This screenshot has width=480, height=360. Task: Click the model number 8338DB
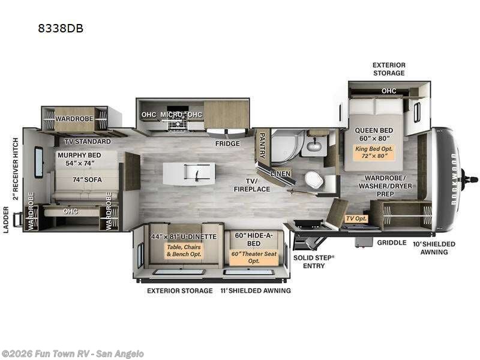point(61,28)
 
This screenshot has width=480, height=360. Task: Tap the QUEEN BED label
point(374,130)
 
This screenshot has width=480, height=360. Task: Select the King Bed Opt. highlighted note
point(374,152)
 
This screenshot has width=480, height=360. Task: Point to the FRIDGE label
point(227,143)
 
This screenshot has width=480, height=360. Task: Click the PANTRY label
point(262,145)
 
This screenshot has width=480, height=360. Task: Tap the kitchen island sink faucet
point(196,174)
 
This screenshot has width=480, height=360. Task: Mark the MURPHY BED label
point(79,155)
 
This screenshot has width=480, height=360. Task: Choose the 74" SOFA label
point(87,179)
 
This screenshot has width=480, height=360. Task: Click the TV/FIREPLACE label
point(252,185)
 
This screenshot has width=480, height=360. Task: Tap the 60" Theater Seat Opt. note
point(254,257)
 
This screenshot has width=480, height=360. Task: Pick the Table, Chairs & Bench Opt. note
point(184,250)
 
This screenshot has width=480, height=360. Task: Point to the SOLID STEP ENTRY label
point(314,262)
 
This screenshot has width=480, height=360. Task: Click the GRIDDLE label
point(392,243)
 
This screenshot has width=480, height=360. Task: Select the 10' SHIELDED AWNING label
point(434,248)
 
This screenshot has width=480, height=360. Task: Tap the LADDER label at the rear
point(6,220)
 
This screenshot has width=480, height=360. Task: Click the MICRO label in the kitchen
point(172,115)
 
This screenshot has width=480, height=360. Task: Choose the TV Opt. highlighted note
point(356,218)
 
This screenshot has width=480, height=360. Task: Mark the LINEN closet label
point(280,173)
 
